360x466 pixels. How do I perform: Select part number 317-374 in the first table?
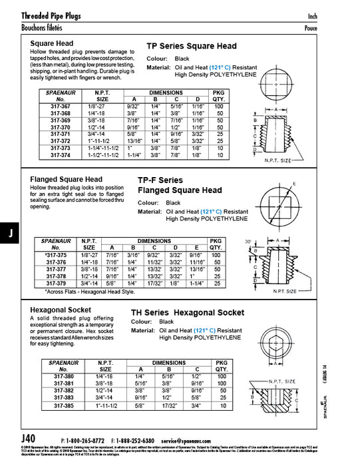pyautogui.click(x=63, y=155)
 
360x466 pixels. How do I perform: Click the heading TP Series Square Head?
pyautogui.click(x=191, y=47)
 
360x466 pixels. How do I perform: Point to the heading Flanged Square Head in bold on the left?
pyautogui.click(x=67, y=180)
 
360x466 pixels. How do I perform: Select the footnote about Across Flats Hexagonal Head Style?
pyautogui.click(x=89, y=292)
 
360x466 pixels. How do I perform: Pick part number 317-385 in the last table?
pyautogui.click(x=63, y=405)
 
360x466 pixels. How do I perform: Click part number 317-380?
pyautogui.click(x=63, y=376)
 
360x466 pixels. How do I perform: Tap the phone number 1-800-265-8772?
pyautogui.click(x=85, y=441)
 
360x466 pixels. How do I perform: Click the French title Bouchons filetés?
pyautogui.click(x=45, y=28)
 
